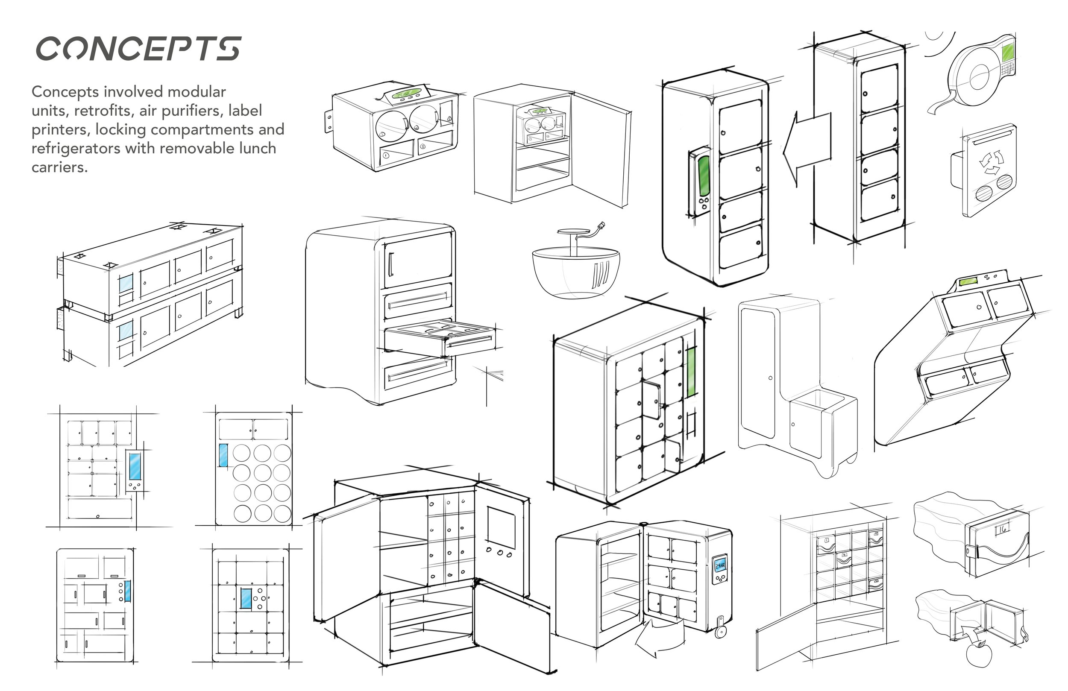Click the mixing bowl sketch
(x=576, y=272)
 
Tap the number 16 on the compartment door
(x=1002, y=529)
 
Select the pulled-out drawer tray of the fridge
(x=440, y=337)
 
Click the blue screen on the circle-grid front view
(x=223, y=455)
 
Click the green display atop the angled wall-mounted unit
(x=968, y=282)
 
